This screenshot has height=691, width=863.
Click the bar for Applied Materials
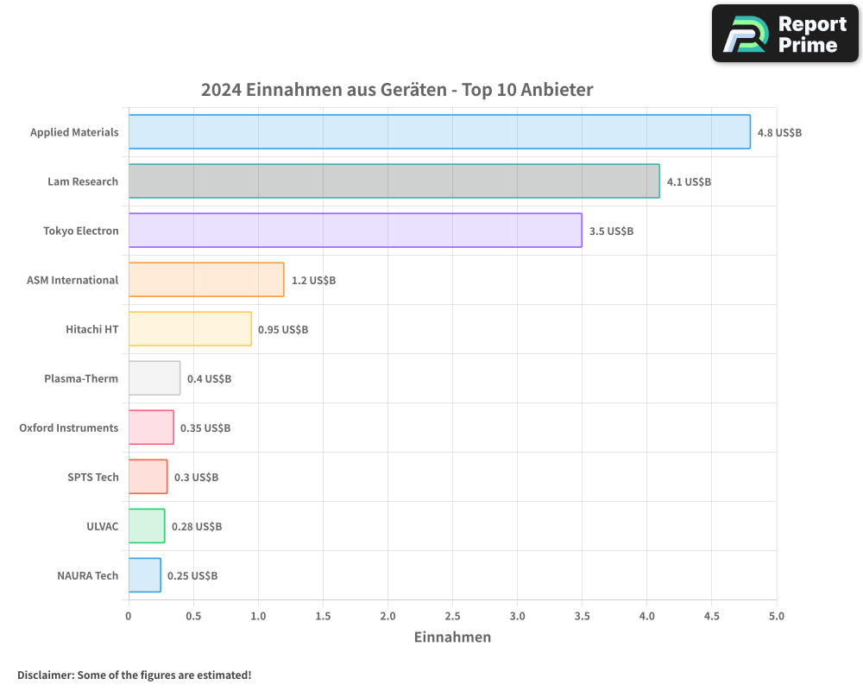(x=439, y=132)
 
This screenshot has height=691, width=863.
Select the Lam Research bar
(x=394, y=181)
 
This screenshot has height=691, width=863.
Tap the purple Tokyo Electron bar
(x=355, y=231)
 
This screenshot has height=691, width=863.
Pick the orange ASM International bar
(x=206, y=280)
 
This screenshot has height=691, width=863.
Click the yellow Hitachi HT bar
(x=190, y=329)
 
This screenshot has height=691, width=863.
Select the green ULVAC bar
(x=147, y=526)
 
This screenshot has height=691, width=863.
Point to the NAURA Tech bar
(x=145, y=575)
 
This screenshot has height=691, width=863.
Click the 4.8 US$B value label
(x=779, y=133)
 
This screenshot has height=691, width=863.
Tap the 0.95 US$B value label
(x=283, y=330)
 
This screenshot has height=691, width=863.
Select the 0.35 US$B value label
(x=205, y=428)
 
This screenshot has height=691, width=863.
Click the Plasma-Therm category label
(x=81, y=379)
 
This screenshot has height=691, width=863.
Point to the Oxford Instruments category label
(x=69, y=428)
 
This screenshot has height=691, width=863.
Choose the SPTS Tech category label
(x=93, y=478)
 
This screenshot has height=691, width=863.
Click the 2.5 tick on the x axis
(x=452, y=617)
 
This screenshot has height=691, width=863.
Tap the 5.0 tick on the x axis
(x=776, y=617)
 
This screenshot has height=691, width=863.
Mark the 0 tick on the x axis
(x=129, y=617)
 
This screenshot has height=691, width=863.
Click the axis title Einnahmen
(x=452, y=637)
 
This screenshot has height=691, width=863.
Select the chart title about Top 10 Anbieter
(x=397, y=90)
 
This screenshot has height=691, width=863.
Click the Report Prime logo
(x=785, y=34)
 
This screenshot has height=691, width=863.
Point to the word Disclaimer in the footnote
(x=45, y=675)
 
